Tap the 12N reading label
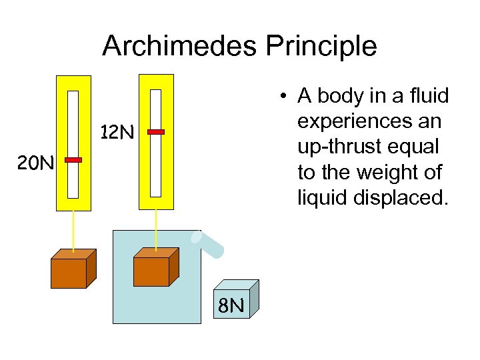[x=117, y=133]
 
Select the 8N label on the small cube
[x=231, y=306]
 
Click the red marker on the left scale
[x=73, y=160]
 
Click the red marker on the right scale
[x=156, y=132]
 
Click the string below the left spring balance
[x=73, y=230]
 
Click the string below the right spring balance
[x=156, y=227]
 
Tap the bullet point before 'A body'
[x=284, y=97]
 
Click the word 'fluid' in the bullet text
[x=431, y=97]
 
